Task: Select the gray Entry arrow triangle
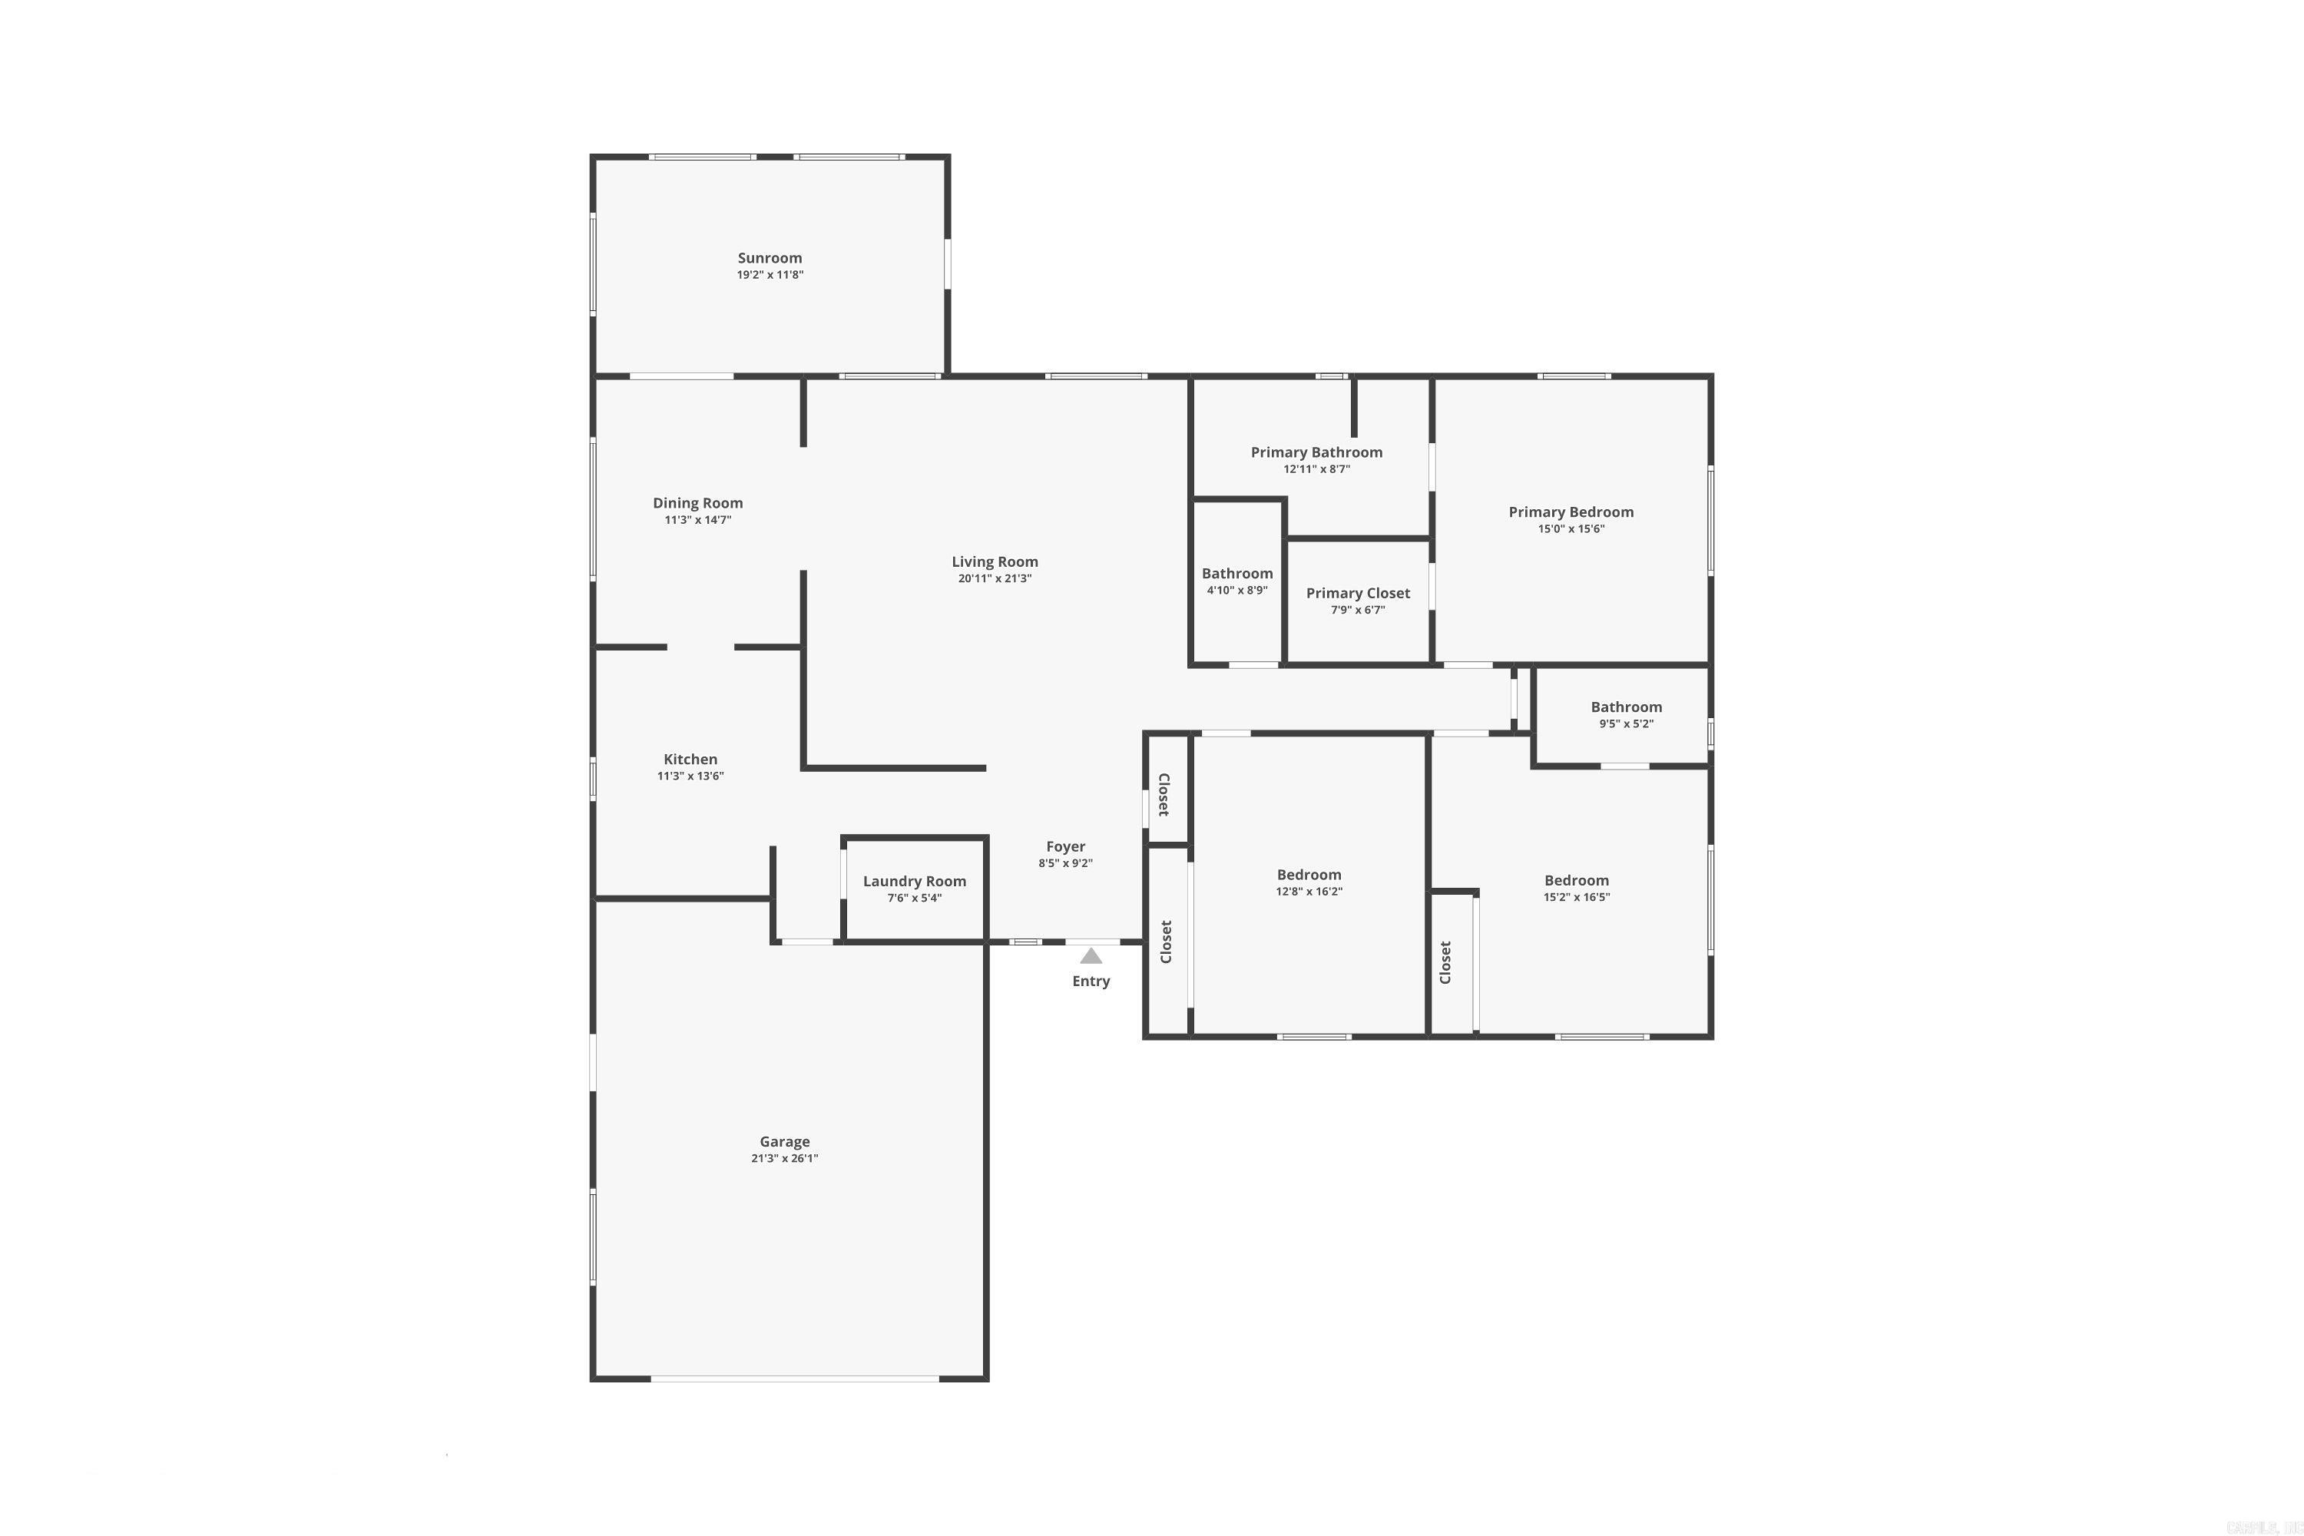tap(1091, 956)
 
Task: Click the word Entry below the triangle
tap(1091, 981)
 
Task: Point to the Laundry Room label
tap(914, 881)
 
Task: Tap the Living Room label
tap(995, 561)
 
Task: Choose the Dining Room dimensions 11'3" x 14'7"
tap(697, 520)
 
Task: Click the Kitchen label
tap(690, 760)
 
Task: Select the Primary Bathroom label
tap(1316, 452)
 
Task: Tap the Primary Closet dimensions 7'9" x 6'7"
tap(1357, 609)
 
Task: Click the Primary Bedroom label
tap(1571, 511)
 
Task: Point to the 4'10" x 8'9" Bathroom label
tap(1236, 574)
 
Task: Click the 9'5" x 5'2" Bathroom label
tap(1625, 707)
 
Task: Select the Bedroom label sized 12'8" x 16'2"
tap(1308, 875)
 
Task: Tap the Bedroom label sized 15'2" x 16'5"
tap(1575, 879)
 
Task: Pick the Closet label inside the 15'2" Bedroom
tap(1445, 962)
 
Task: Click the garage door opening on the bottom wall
tap(793, 1379)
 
